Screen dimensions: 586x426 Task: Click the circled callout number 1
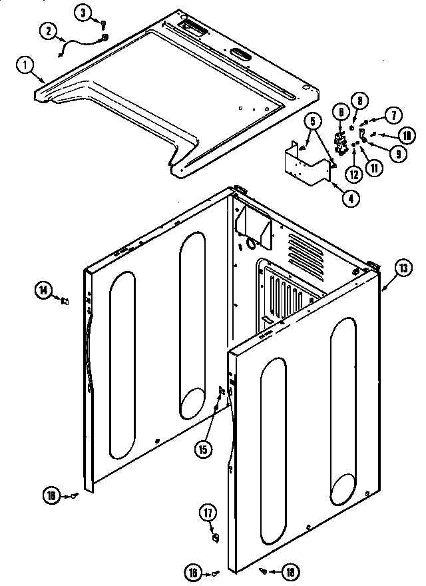[24, 65]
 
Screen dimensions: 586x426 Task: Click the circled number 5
[312, 121]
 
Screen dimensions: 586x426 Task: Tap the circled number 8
[359, 101]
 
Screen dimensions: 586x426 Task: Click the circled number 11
[376, 168]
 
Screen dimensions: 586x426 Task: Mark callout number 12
[353, 174]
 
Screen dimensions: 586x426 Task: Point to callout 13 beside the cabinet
[403, 269]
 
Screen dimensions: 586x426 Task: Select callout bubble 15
[203, 449]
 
